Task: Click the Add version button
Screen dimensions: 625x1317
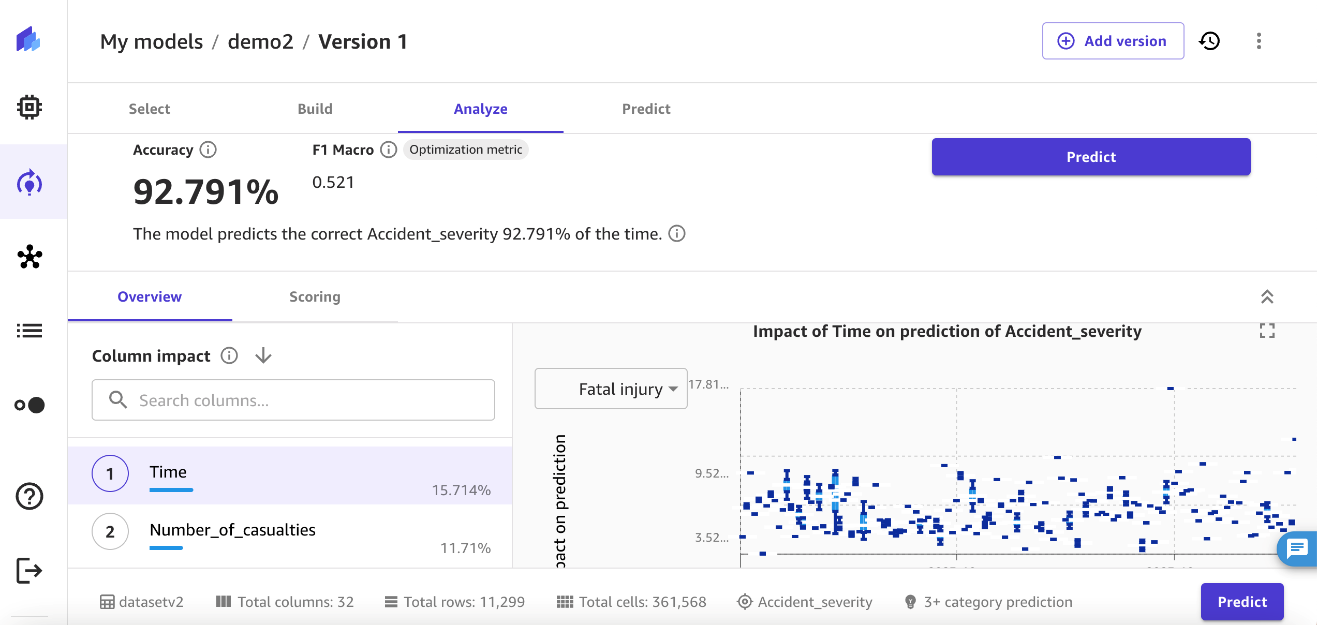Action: [x=1113, y=41]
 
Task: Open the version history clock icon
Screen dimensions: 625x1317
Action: [x=1209, y=41]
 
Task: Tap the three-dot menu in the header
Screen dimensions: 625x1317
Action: [x=1259, y=41]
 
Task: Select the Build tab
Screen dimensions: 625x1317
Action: [x=315, y=109]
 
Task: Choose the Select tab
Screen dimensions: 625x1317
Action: [x=149, y=109]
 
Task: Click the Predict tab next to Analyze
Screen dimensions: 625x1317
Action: [x=646, y=109]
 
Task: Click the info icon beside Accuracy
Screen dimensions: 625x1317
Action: [x=208, y=150]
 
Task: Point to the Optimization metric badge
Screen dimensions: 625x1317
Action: [x=466, y=150]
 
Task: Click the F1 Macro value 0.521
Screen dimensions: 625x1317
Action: [x=333, y=182]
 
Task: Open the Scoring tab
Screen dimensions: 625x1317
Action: [x=315, y=296]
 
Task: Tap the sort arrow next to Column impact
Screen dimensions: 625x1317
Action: [x=263, y=355]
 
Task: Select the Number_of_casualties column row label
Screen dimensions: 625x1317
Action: [x=232, y=530]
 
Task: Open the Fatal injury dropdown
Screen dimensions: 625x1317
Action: [x=611, y=389]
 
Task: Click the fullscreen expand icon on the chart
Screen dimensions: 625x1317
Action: [x=1267, y=331]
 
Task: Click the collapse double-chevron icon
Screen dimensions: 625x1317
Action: [x=1267, y=296]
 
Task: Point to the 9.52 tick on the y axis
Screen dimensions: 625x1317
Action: [x=712, y=473]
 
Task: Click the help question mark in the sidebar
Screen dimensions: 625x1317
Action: [x=29, y=496]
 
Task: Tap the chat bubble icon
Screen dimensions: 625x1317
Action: [x=1297, y=548]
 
